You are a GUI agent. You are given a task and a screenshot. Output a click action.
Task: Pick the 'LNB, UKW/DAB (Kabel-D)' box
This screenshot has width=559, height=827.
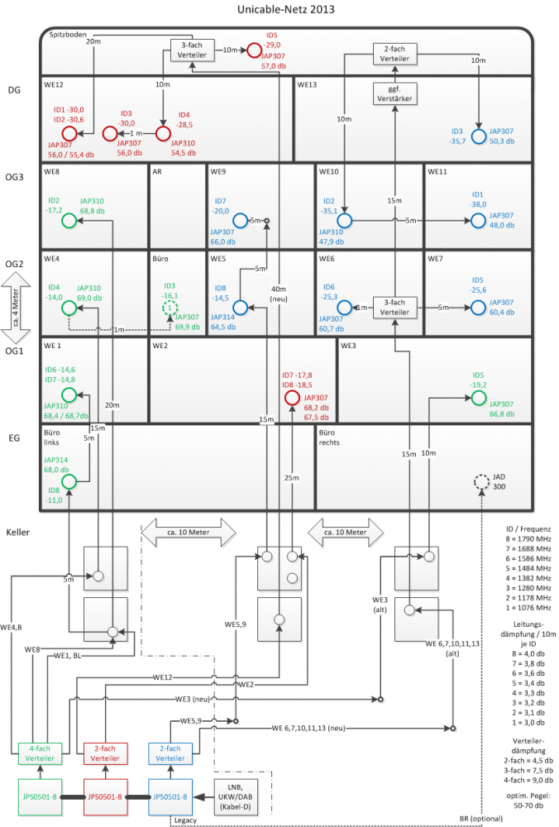pos(236,796)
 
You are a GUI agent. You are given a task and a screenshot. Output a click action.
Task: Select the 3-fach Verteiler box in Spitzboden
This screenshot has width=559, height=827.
pos(192,50)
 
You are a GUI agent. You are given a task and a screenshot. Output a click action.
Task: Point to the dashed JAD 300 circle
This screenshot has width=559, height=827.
pos(480,482)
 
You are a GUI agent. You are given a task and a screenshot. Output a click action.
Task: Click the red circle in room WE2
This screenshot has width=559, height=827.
pos(292,398)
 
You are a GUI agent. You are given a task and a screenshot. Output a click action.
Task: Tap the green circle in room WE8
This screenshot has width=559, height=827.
pos(69,220)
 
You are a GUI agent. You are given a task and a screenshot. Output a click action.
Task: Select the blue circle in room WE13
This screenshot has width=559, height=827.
pos(478,136)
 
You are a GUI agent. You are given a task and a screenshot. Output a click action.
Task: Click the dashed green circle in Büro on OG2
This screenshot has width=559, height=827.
pos(169,308)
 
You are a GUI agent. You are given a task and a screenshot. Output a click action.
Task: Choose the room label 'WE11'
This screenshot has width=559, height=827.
pos(437,171)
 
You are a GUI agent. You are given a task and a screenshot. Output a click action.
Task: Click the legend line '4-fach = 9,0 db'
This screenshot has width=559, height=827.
pos(527,779)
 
